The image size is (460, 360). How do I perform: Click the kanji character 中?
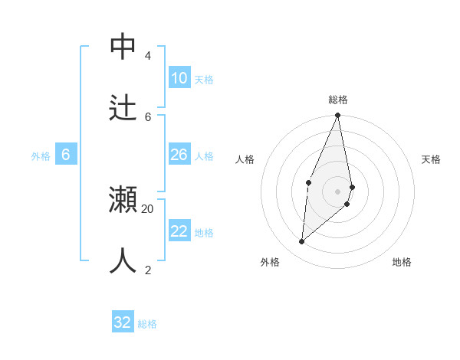point(123,47)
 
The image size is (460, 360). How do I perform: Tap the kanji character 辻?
point(123,108)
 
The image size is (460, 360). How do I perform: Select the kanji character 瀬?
point(123,200)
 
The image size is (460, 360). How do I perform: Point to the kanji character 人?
point(123,261)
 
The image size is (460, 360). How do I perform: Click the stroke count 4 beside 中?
point(147,56)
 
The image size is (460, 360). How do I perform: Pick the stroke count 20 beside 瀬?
point(147,208)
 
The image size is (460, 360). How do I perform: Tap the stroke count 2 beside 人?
point(147,270)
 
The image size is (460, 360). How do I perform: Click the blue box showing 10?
point(179,78)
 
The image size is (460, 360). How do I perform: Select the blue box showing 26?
point(179,155)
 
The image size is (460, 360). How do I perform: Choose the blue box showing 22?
point(179,231)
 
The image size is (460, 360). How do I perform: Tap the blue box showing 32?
point(123,322)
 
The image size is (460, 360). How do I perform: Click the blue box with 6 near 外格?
point(65,155)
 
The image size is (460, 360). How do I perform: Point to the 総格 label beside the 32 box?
point(147,324)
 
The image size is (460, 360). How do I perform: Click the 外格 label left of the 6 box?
point(41,156)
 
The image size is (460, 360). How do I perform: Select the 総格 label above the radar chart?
point(338,100)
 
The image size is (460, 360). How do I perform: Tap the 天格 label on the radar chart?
point(431,159)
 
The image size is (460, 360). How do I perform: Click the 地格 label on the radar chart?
point(402,262)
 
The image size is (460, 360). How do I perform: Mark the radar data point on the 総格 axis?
point(337,115)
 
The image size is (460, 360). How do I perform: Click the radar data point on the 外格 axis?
point(301,241)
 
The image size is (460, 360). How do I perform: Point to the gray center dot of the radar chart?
point(337,191)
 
